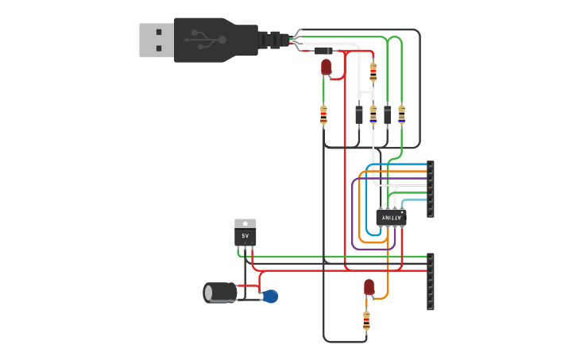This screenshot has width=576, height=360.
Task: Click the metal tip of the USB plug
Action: [157, 40]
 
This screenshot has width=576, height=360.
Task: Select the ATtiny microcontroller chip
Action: [390, 217]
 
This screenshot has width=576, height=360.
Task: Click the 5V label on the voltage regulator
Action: [245, 237]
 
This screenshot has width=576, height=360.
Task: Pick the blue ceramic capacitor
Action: [270, 296]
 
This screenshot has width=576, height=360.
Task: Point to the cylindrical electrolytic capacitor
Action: [220, 292]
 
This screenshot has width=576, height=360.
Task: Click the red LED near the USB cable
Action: [326, 67]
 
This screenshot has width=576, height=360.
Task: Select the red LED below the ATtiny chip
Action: [369, 287]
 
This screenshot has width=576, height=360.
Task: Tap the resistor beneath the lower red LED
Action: [366, 320]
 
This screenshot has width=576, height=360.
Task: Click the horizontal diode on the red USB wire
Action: [323, 51]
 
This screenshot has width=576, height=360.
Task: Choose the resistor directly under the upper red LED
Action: [323, 115]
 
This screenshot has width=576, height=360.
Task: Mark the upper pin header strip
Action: [431, 189]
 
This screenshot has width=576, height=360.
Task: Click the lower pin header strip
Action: [431, 281]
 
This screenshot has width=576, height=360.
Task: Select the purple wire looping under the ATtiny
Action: [353, 223]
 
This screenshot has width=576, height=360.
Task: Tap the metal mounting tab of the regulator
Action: [245, 224]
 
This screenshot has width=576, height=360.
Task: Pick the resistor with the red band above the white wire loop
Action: [373, 73]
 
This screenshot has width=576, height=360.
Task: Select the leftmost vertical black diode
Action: [359, 114]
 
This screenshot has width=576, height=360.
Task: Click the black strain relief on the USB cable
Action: [273, 40]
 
